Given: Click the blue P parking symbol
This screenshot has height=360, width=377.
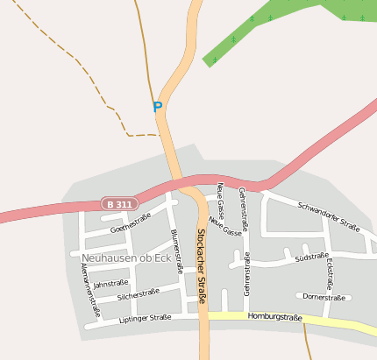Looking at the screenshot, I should (x=158, y=108).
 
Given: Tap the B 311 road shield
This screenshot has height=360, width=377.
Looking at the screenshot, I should (x=118, y=204).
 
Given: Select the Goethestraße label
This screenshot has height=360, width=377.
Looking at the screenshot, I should (x=131, y=222).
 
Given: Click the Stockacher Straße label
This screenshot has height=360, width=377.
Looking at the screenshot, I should (x=201, y=266).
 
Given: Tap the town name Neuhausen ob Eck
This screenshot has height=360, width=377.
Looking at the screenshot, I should (x=126, y=258).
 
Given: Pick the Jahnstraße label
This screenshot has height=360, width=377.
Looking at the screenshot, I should (x=110, y=283).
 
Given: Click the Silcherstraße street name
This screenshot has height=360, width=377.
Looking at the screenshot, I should (x=139, y=295).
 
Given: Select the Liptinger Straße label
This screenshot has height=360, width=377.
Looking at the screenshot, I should (x=144, y=319).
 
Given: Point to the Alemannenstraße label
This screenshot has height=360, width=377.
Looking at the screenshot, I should (x=90, y=289).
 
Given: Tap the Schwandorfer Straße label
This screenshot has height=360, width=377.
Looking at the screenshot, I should (x=329, y=215).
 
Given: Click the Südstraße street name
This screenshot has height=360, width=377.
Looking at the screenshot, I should (x=311, y=258).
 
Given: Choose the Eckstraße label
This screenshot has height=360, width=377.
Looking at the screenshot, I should (x=330, y=272).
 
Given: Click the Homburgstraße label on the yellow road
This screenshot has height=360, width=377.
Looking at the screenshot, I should (x=274, y=317).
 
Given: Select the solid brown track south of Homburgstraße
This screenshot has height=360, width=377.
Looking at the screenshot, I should (x=306, y=342).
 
